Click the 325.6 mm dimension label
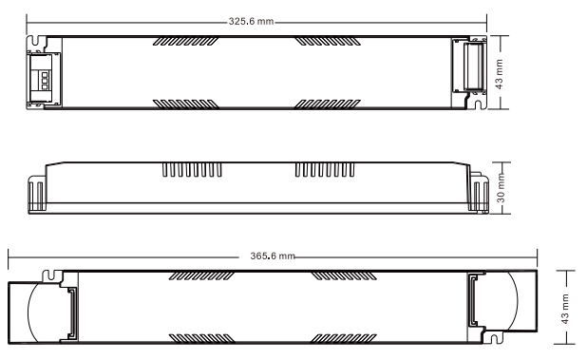tap(251, 21)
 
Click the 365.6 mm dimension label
tap(273, 256)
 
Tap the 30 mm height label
tap(501, 187)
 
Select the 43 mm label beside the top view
tap(499, 74)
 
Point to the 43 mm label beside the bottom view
tap(565, 309)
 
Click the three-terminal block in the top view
tap(45, 81)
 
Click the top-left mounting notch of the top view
tap(36, 41)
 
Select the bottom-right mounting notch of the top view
tap(479, 104)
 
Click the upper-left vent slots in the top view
tap(185, 41)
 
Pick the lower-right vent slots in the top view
tap(327, 104)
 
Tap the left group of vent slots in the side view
tap(192, 169)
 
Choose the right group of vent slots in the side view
tap(325, 169)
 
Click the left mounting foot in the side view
tap(37, 194)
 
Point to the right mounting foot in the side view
tap(479, 193)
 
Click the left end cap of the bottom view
tap(34, 312)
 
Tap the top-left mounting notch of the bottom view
tap(51, 275)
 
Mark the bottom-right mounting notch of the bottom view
tap(495, 338)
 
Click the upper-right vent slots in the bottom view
tap(344, 276)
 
